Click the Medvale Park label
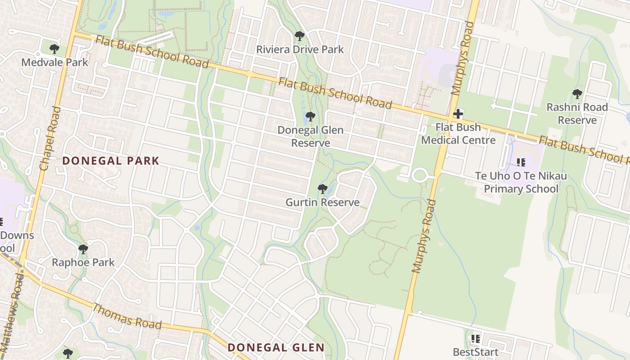[x=55, y=62]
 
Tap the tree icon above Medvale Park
[x=54, y=49]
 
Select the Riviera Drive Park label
[x=300, y=49]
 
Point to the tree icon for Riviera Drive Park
[x=299, y=36]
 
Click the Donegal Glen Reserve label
[x=310, y=136]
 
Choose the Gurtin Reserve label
[x=322, y=202]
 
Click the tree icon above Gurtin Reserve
[x=322, y=189]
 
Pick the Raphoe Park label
[x=83, y=262]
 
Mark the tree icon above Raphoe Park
[x=83, y=249]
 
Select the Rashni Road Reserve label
[x=577, y=113]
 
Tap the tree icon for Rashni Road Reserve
[x=577, y=94]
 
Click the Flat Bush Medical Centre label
[x=458, y=134]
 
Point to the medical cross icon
[x=458, y=114]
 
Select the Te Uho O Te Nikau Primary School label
[x=521, y=182]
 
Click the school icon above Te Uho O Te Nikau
[x=521, y=162]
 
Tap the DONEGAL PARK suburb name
[x=111, y=161]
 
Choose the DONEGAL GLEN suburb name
[x=276, y=347]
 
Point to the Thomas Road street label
[x=127, y=316]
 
